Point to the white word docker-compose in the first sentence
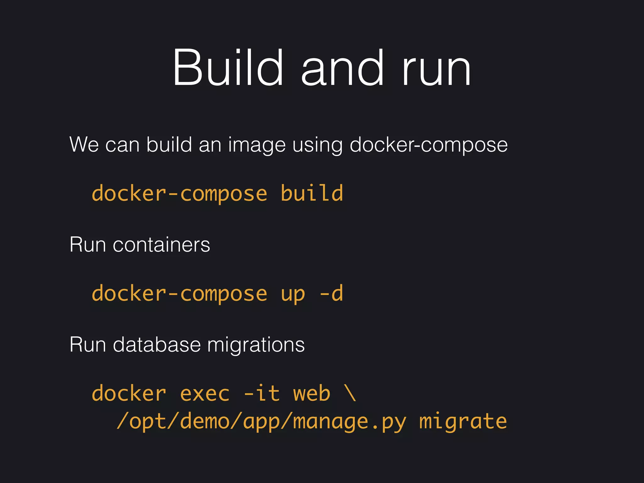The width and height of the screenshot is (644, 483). click(429, 145)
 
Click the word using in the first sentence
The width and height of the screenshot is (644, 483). click(317, 145)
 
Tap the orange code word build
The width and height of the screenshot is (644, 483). click(312, 193)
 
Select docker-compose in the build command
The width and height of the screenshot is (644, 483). click(180, 193)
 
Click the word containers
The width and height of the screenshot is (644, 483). click(161, 245)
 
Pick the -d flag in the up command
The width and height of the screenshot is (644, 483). click(331, 293)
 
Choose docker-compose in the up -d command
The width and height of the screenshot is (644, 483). click(180, 293)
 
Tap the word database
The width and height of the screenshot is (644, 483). click(157, 345)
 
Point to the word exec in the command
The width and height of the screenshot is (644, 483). click(205, 394)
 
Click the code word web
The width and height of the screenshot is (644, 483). click(312, 394)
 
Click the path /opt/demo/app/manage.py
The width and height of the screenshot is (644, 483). click(261, 421)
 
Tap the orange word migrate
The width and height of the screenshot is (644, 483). click(463, 421)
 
